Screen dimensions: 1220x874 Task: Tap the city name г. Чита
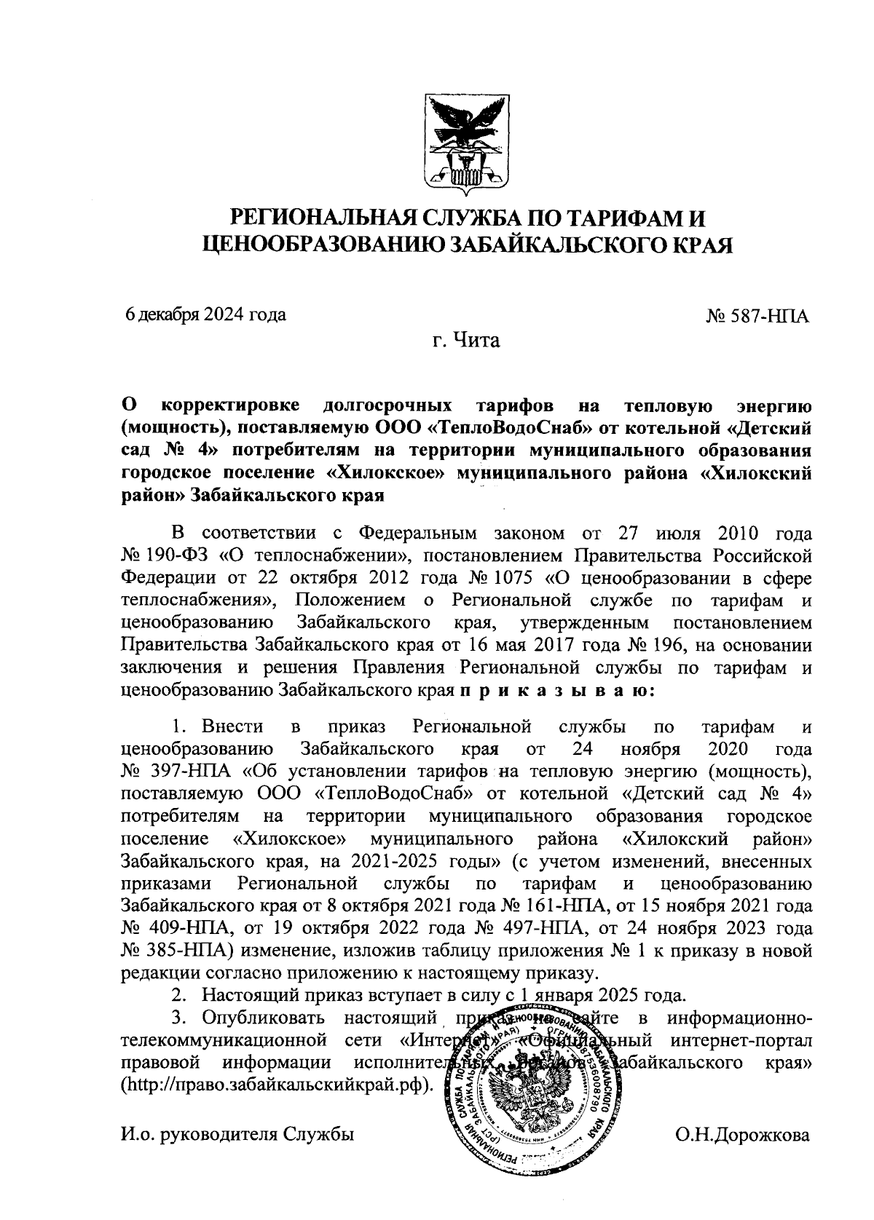(x=465, y=339)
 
